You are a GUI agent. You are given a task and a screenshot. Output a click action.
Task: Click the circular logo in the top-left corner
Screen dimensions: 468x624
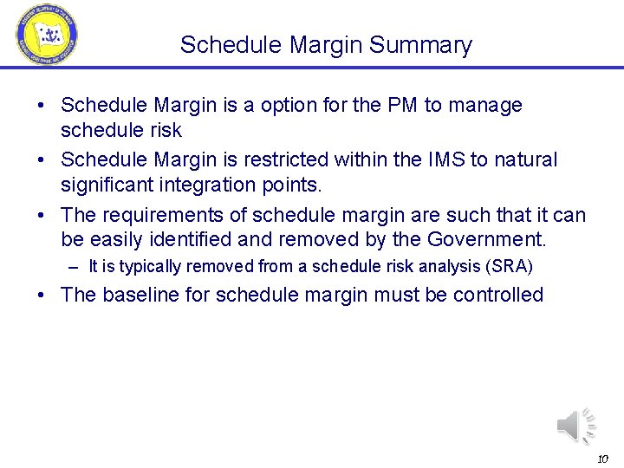pyautogui.click(x=46, y=35)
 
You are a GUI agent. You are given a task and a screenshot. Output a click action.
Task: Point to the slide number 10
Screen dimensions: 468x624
pyautogui.click(x=602, y=458)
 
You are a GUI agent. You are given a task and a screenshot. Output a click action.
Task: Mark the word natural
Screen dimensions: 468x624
pyautogui.click(x=524, y=160)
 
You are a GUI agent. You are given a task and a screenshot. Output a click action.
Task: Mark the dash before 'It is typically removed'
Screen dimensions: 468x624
pyautogui.click(x=78, y=267)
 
